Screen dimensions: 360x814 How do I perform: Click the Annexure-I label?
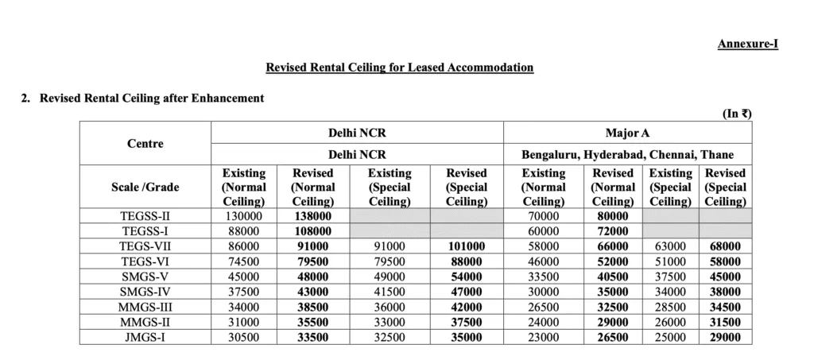point(747,45)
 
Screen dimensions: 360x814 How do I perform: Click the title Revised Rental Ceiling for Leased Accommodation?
point(399,68)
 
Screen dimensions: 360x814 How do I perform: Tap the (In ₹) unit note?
point(736,114)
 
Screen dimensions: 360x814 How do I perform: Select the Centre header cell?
point(145,144)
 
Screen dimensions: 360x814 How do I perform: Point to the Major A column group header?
point(627,133)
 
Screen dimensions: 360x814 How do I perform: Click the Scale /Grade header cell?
point(145,188)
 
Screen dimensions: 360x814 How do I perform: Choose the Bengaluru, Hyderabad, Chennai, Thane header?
point(627,154)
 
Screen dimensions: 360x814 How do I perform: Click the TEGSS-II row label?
point(145,216)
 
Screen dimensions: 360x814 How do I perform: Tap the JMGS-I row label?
point(145,337)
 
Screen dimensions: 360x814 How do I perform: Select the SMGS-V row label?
point(145,277)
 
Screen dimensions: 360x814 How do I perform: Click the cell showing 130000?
point(243,216)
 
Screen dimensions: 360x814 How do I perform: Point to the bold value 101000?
point(466,246)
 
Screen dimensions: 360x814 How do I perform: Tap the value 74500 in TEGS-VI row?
point(243,261)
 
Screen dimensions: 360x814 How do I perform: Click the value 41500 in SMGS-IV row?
point(390,292)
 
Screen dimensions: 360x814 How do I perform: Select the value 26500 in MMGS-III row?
point(544,307)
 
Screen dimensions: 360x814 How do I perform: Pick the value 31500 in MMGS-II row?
point(725,322)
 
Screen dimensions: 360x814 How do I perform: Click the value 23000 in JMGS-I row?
point(544,337)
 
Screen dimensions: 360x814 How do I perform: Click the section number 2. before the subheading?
point(25,99)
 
